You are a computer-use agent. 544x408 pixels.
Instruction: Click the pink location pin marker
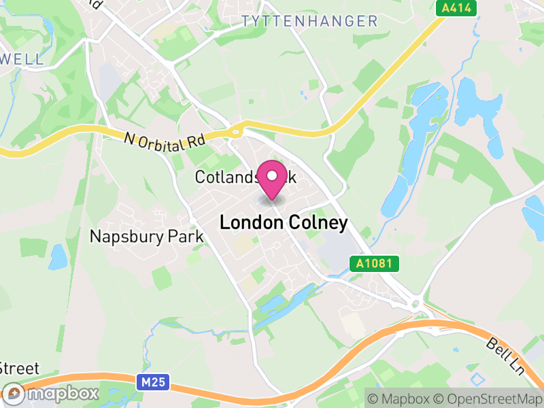273,180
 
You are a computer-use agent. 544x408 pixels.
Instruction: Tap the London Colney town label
284,222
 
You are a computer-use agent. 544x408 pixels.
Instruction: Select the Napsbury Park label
147,237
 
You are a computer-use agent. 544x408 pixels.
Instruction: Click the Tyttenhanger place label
309,21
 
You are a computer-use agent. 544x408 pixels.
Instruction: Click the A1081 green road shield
374,263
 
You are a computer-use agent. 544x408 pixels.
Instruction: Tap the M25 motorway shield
154,383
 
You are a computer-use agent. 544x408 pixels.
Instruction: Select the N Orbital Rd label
165,139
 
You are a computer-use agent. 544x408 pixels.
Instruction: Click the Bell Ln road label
505,356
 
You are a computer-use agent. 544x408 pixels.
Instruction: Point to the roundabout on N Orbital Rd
237,131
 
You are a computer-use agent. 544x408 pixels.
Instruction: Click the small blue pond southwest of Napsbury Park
58,256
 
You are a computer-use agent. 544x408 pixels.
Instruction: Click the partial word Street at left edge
19,369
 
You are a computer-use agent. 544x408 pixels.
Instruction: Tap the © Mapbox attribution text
401,398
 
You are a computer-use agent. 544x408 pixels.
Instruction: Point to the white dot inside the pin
273,175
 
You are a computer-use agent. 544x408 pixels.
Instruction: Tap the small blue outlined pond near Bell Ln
479,378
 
